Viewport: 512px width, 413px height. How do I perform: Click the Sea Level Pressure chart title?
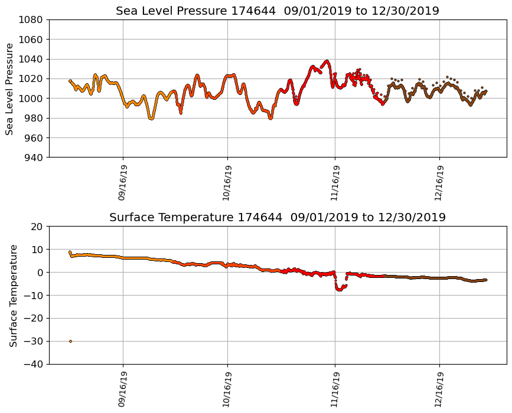point(277,11)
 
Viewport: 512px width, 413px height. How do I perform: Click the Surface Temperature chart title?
point(277,218)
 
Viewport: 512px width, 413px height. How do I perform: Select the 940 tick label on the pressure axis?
point(33,158)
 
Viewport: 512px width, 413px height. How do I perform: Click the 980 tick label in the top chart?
point(33,118)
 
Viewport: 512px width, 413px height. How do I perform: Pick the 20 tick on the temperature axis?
point(36,227)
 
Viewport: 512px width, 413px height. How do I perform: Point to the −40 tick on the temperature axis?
point(33,364)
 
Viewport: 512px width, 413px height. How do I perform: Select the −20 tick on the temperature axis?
point(33,318)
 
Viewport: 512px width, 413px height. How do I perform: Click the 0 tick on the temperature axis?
point(39,273)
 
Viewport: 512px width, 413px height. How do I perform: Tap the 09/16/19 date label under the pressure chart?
point(122,183)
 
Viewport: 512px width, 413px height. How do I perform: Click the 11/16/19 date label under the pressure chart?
point(334,183)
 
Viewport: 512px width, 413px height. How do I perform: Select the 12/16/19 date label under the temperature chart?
point(439,389)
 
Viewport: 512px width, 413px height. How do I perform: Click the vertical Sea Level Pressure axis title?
point(10,88)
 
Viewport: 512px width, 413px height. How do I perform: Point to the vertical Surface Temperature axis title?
point(14,295)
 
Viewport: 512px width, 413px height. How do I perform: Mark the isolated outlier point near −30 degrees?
point(70,341)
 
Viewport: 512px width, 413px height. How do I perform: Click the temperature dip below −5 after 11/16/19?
point(340,289)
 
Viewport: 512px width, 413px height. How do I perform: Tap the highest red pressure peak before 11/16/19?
point(327,61)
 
